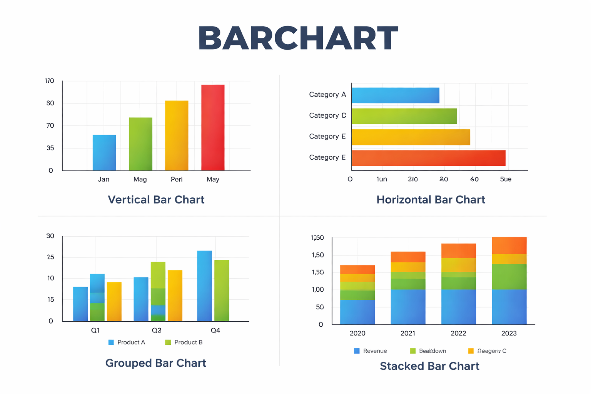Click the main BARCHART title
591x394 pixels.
[x=298, y=38]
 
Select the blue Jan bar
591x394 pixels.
[x=104, y=153]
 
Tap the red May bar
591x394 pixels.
[x=213, y=127]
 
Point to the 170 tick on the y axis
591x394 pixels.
[x=50, y=81]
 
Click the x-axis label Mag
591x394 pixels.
[x=140, y=179]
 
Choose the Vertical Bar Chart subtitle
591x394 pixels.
[x=156, y=200]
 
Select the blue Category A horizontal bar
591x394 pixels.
[x=395, y=95]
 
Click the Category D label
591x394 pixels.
[x=327, y=115]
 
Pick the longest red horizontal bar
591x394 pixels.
[x=428, y=158]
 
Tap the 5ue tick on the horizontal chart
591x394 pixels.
[x=506, y=179]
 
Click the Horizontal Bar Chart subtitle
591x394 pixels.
[x=431, y=200]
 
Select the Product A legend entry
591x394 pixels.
[x=127, y=342]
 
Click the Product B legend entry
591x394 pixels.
[x=184, y=342]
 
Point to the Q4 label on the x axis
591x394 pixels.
[x=215, y=331]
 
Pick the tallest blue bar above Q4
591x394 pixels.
[x=204, y=286]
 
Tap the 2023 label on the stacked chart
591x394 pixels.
[x=509, y=333]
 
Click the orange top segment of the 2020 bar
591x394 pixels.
[x=357, y=269]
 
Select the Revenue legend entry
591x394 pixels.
[x=371, y=351]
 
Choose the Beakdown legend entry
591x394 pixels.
[x=428, y=351]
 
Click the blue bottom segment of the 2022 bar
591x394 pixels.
[x=458, y=307]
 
